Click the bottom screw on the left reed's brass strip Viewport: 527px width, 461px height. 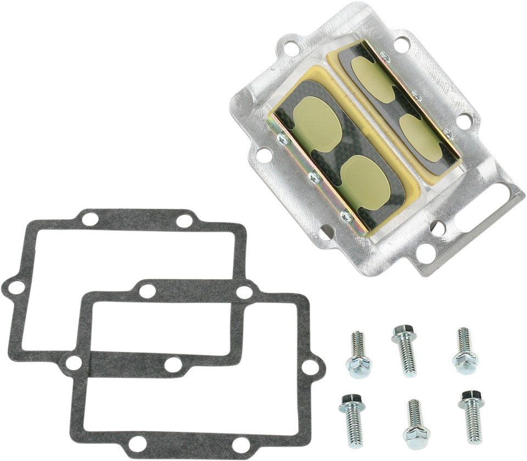345,215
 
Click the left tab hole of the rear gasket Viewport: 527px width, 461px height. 13,286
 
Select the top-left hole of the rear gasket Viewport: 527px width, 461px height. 88,220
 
